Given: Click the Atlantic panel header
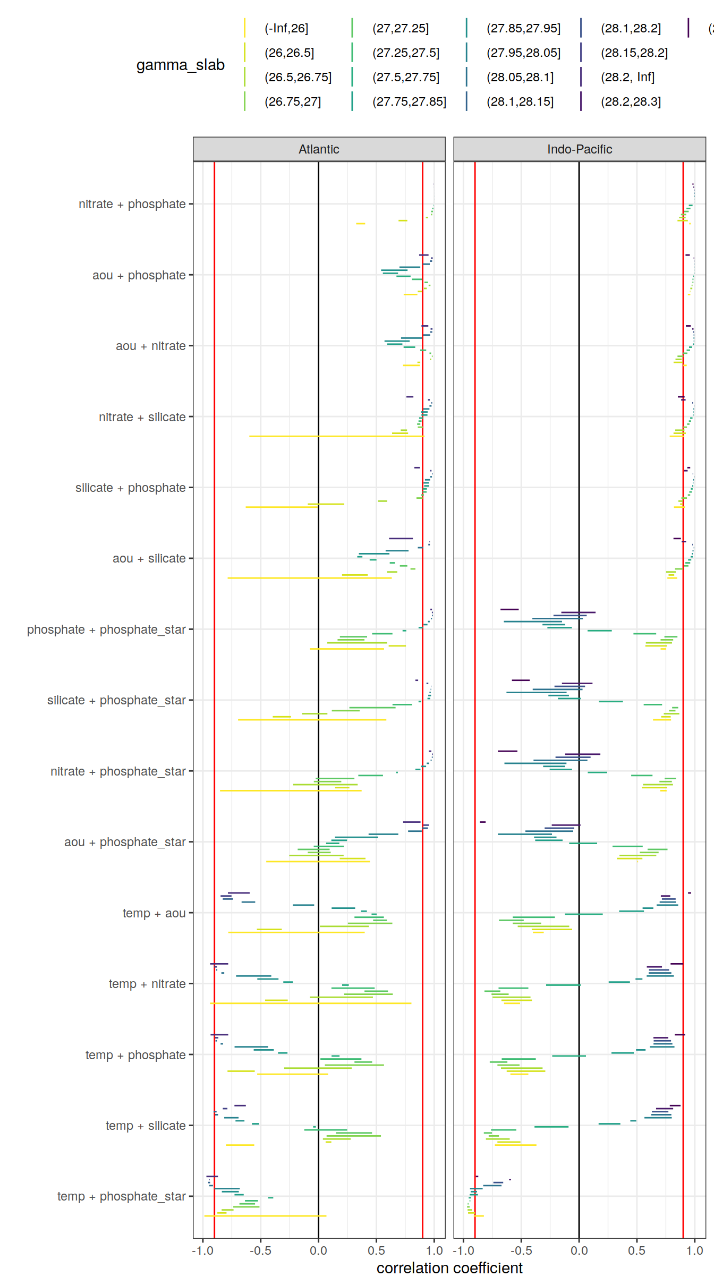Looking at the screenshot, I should pyautogui.click(x=319, y=149).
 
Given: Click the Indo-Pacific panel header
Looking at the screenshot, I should pyautogui.click(x=579, y=149).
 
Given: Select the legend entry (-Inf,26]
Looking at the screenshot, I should pyautogui.click(x=286, y=28).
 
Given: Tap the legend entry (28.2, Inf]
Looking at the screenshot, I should pyautogui.click(x=627, y=77).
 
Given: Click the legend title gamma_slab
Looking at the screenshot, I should pyautogui.click(x=180, y=65).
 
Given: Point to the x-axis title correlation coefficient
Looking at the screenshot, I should pyautogui.click(x=449, y=1268).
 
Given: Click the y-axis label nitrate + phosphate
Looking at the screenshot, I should pyautogui.click(x=132, y=204).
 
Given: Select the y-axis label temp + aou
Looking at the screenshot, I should pyautogui.click(x=154, y=913).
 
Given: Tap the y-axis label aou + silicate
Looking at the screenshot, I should pyautogui.click(x=149, y=558).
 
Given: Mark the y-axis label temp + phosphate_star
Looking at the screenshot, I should pyautogui.click(x=121, y=1196).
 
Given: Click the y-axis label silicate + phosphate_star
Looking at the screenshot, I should pyautogui.click(x=116, y=700).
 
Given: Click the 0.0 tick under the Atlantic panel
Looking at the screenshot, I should pyautogui.click(x=318, y=1250).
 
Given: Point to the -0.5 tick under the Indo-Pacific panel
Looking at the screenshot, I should pyautogui.click(x=521, y=1250).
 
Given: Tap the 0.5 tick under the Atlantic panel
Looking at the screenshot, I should pyautogui.click(x=376, y=1250).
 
